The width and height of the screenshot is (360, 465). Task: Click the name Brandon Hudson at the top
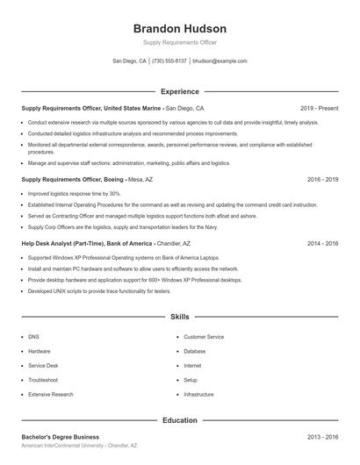point(179,29)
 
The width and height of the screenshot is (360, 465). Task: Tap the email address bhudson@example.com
point(220,61)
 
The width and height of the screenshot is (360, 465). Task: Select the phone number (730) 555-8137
point(169,61)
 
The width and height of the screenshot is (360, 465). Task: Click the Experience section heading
point(179,91)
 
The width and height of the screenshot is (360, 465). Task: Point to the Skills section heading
point(179,316)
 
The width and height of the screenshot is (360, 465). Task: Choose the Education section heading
point(179,420)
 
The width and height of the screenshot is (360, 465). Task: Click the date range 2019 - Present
point(319,108)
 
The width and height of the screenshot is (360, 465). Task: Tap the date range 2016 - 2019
point(322,179)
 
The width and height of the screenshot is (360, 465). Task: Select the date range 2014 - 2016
point(322,243)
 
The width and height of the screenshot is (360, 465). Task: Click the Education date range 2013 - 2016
point(322,436)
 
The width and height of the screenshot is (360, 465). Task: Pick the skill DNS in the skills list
point(33,337)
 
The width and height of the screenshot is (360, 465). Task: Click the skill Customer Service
point(204,337)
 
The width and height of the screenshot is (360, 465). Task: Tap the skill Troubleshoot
point(43,380)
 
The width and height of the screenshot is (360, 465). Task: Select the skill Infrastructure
point(198,395)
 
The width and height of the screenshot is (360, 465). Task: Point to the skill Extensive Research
point(51,395)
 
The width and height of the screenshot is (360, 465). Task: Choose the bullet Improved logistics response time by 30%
point(74,193)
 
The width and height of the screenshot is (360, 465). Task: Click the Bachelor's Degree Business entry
point(60,436)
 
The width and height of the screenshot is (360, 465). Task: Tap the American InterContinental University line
point(79,446)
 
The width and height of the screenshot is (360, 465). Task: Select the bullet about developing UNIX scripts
point(98,290)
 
